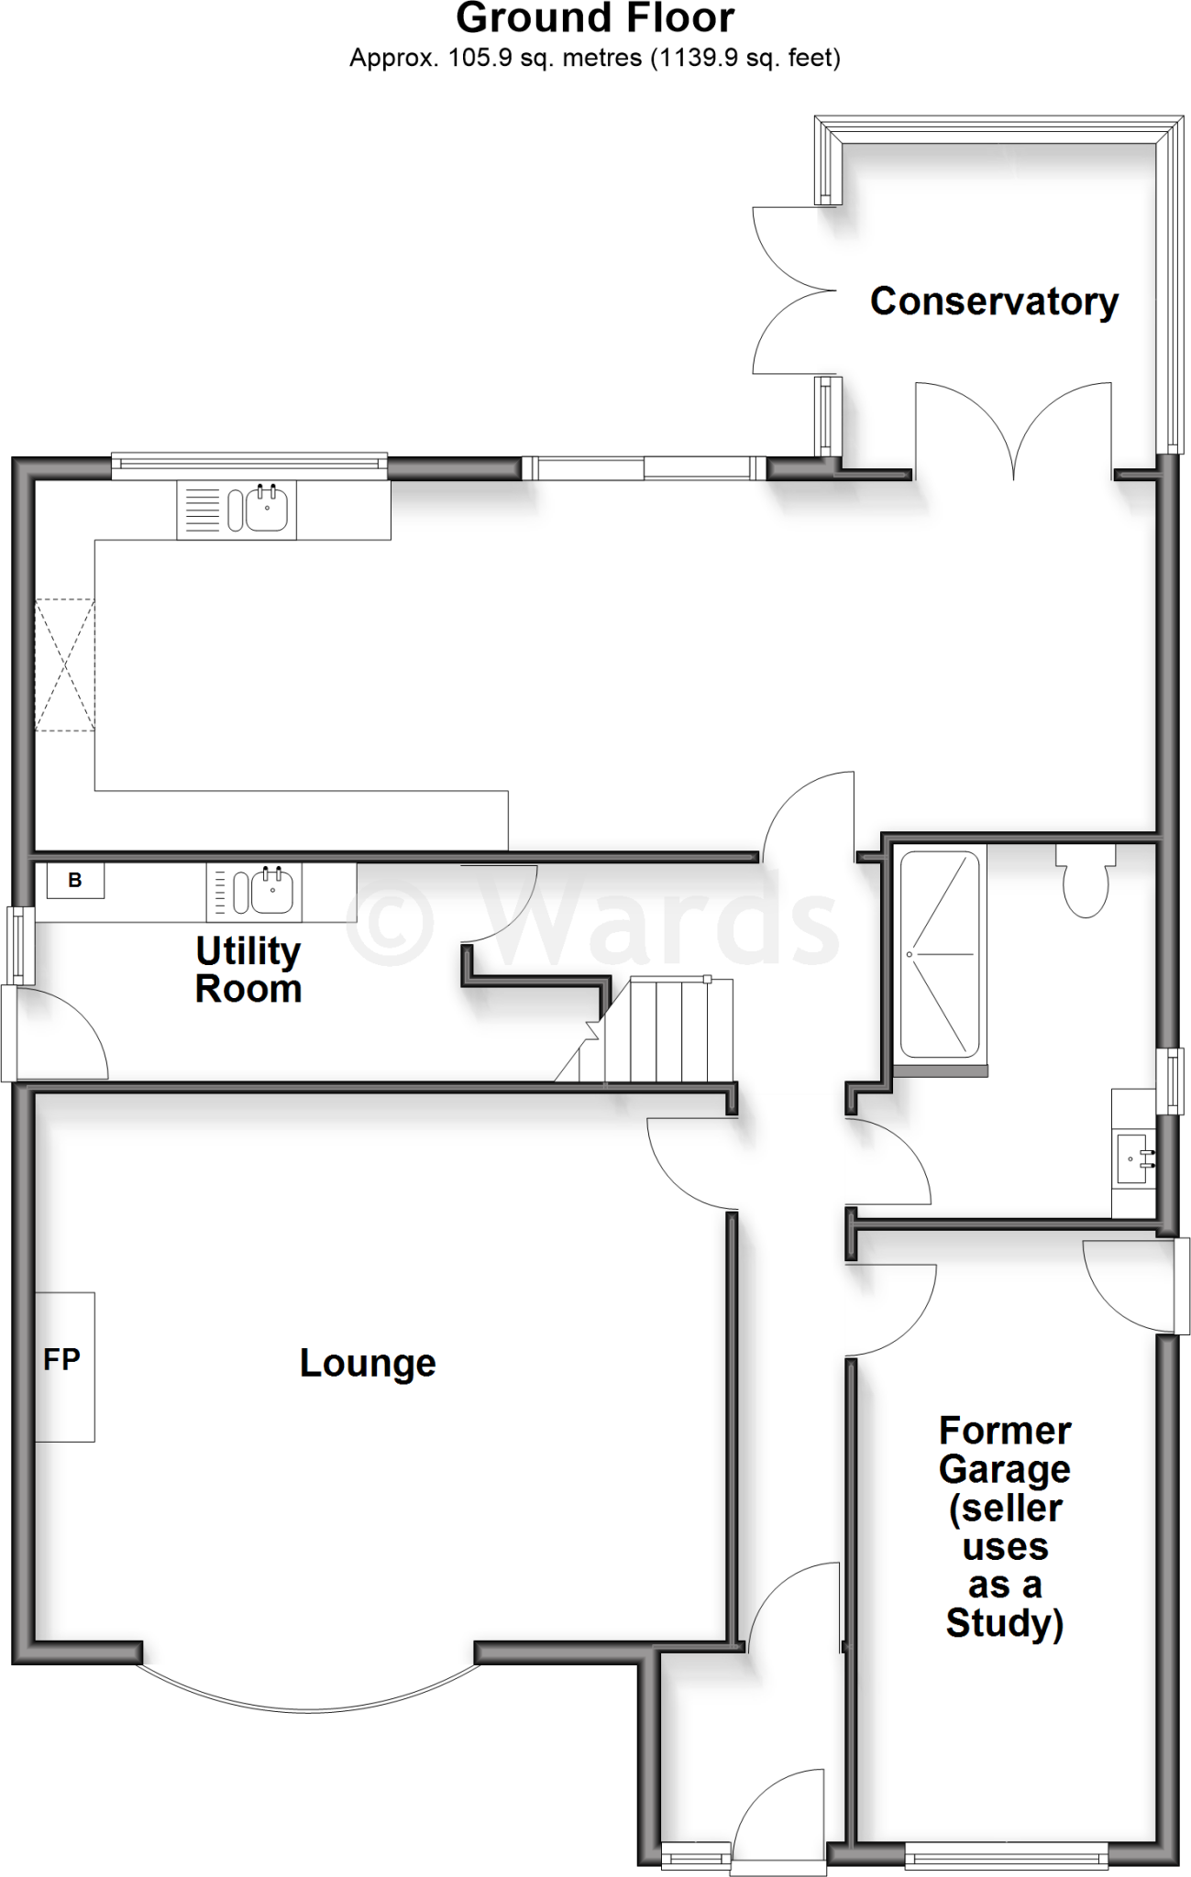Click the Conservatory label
pos(994,302)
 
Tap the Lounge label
pos(367,1363)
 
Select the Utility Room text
pos(248,971)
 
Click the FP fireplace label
pos(61,1359)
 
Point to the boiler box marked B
pos(75,881)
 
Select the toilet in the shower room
pos(1086,884)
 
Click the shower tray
pos(940,954)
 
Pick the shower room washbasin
pos(1133,1158)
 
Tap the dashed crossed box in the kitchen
pos(64,664)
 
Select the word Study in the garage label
pos(1004,1623)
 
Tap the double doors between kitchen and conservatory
pos(1013,431)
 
